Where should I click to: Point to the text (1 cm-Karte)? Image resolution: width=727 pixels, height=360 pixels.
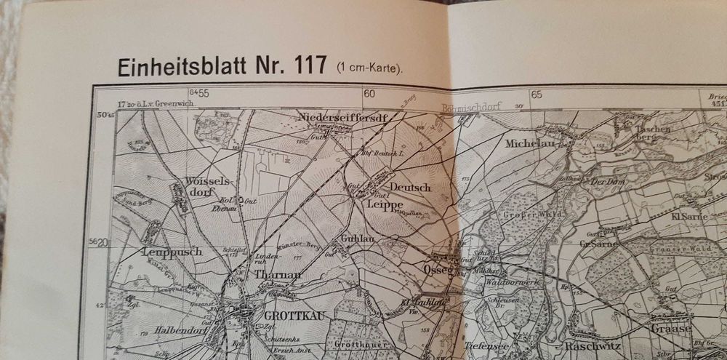[x=369, y=68]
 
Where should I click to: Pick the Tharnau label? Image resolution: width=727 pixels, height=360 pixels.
[x=278, y=275]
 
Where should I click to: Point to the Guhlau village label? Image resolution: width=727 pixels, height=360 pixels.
[x=358, y=239]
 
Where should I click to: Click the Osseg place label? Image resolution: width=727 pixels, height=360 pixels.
[x=436, y=269]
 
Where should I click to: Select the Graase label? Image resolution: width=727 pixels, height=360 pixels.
[x=670, y=328]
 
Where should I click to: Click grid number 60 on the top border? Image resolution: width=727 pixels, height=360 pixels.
[x=369, y=93]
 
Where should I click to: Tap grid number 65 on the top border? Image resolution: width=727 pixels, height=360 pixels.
[x=537, y=94]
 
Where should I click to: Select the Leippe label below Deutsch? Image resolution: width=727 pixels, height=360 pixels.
[x=385, y=206]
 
